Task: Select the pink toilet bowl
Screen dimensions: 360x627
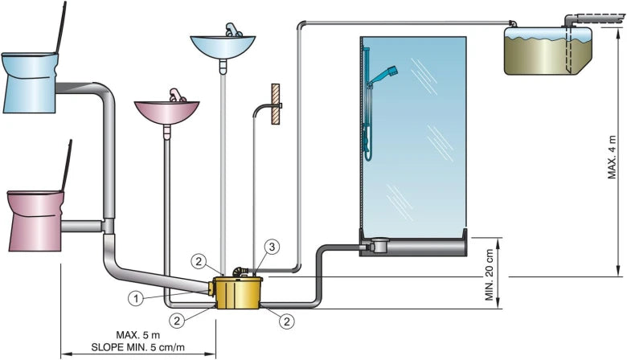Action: tap(36, 219)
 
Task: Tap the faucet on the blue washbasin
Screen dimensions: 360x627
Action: tap(231, 30)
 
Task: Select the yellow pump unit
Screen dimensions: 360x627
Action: tap(236, 292)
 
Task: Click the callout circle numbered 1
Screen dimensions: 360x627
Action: tap(137, 298)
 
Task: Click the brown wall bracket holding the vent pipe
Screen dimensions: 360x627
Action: tap(276, 104)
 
